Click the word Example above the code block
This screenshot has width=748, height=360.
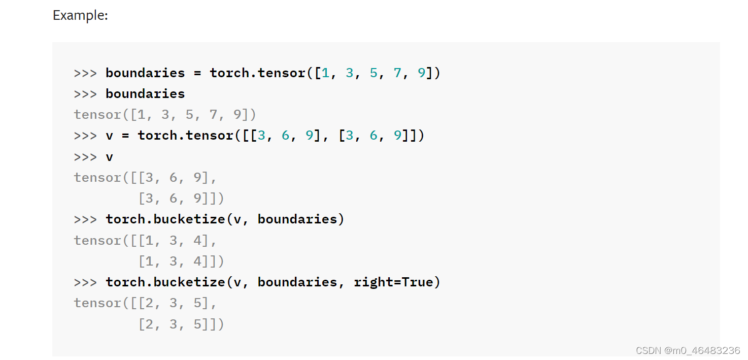(x=80, y=15)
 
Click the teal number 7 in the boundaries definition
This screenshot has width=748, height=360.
(x=397, y=73)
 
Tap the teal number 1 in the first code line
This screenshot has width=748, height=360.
(x=325, y=73)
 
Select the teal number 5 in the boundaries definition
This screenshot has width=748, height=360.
(x=373, y=73)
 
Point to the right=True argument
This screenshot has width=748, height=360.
(x=394, y=282)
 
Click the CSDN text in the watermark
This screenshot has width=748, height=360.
(x=648, y=350)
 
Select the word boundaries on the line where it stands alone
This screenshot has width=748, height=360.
(x=145, y=94)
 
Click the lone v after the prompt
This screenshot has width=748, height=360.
(x=109, y=157)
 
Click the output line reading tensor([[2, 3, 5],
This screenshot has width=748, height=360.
(x=145, y=303)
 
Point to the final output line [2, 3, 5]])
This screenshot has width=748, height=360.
(x=181, y=324)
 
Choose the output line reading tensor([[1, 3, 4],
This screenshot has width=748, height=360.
(x=145, y=240)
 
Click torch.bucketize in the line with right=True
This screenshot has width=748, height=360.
(x=165, y=282)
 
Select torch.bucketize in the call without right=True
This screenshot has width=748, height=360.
(x=165, y=219)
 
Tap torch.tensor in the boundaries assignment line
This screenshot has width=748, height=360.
(x=258, y=73)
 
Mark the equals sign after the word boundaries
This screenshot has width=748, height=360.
(x=197, y=73)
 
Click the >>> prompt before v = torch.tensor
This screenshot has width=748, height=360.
(x=85, y=136)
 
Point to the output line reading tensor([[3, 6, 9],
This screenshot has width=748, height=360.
(x=145, y=178)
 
